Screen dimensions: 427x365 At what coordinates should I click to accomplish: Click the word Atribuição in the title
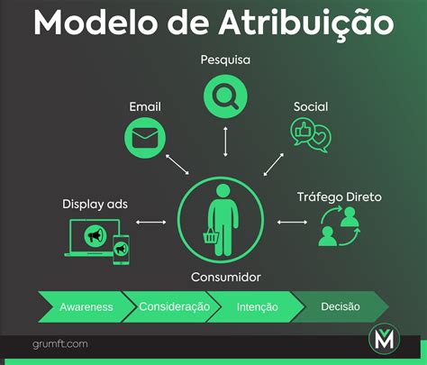306,24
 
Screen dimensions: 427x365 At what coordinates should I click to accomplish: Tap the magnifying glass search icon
225,96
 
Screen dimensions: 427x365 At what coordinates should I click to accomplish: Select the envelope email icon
145,138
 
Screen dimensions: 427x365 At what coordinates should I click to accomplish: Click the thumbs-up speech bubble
302,132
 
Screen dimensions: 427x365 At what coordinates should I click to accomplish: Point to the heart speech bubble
320,139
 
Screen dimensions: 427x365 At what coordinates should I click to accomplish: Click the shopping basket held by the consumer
211,235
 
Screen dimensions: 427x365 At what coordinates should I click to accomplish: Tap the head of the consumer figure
223,191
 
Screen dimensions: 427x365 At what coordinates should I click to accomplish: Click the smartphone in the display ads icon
121,250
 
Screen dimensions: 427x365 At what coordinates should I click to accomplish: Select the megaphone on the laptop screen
95,236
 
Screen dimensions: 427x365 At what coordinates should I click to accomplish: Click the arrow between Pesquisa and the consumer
225,141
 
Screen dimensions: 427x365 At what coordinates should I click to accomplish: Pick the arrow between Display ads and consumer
151,223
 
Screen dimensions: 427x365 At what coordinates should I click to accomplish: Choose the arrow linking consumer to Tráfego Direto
292,223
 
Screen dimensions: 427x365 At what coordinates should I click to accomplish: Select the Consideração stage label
174,306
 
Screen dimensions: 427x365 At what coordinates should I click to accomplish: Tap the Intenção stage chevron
257,306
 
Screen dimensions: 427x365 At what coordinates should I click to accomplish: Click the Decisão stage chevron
341,306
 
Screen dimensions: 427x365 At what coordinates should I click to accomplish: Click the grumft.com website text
60,344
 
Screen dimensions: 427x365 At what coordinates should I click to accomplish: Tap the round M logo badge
385,340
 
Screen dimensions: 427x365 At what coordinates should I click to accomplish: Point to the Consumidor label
226,277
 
